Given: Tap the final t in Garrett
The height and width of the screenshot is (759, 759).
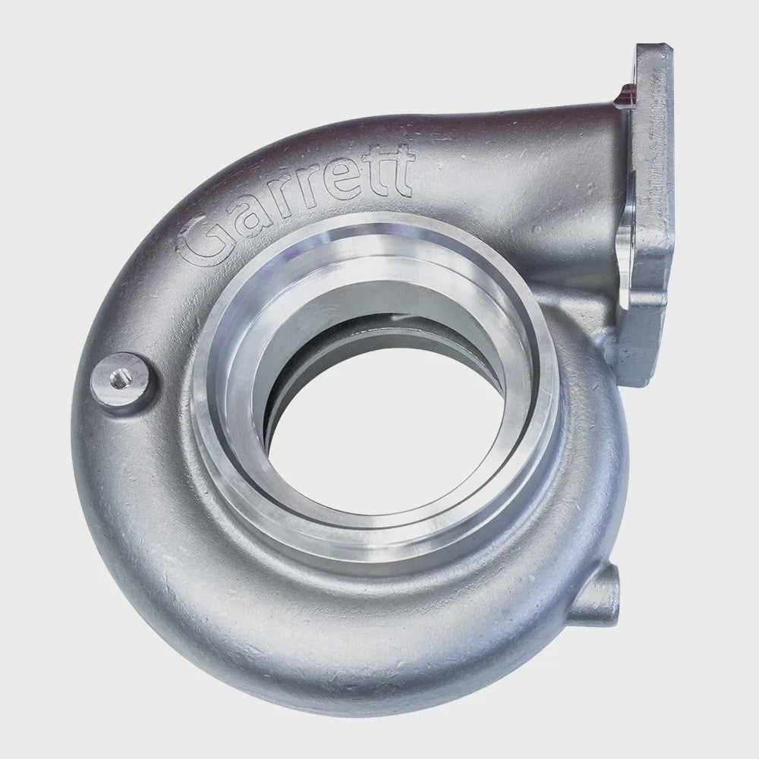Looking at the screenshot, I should point(398,171).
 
